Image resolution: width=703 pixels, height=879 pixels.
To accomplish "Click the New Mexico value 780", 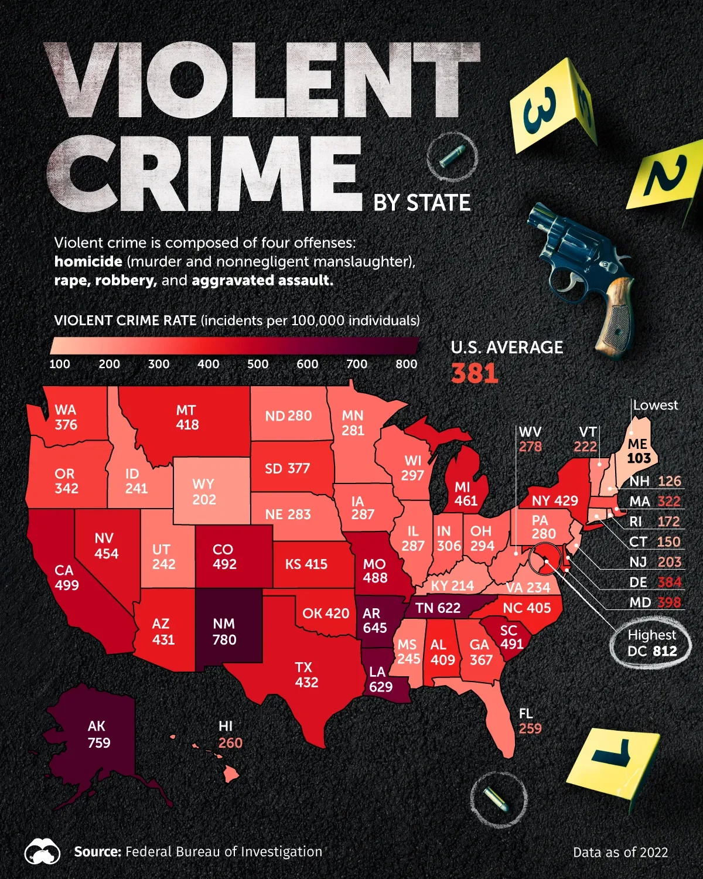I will (224, 639).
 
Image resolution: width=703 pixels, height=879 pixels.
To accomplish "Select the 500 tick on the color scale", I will (258, 364).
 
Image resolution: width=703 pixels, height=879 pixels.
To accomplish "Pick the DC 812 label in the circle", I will (652, 650).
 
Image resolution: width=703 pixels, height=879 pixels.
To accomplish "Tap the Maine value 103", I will (639, 458).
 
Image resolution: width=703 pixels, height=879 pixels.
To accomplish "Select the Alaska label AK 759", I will (98, 734).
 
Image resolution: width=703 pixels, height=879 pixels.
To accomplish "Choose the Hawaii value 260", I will (230, 743).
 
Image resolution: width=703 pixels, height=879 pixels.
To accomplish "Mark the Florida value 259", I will (530, 728).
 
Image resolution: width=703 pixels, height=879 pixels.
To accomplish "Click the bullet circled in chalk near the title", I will (452, 157).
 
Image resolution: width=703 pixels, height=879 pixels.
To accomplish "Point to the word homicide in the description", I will (88, 261).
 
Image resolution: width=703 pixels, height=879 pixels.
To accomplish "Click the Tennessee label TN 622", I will (438, 608).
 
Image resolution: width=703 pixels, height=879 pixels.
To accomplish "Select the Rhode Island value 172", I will (668, 522).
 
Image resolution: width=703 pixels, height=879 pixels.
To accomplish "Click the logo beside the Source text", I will (42, 852).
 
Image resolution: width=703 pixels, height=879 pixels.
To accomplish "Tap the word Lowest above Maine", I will (655, 405).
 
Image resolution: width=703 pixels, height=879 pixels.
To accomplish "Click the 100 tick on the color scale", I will (60, 364).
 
